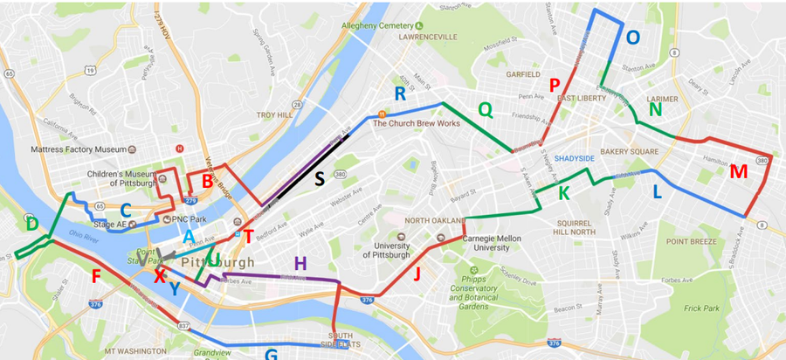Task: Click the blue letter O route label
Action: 633,38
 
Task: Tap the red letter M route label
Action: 738,172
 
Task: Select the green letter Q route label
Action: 486,109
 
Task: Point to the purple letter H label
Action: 300,263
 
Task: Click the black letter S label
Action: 320,178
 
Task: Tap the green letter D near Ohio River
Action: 32,225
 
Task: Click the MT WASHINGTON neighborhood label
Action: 134,351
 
